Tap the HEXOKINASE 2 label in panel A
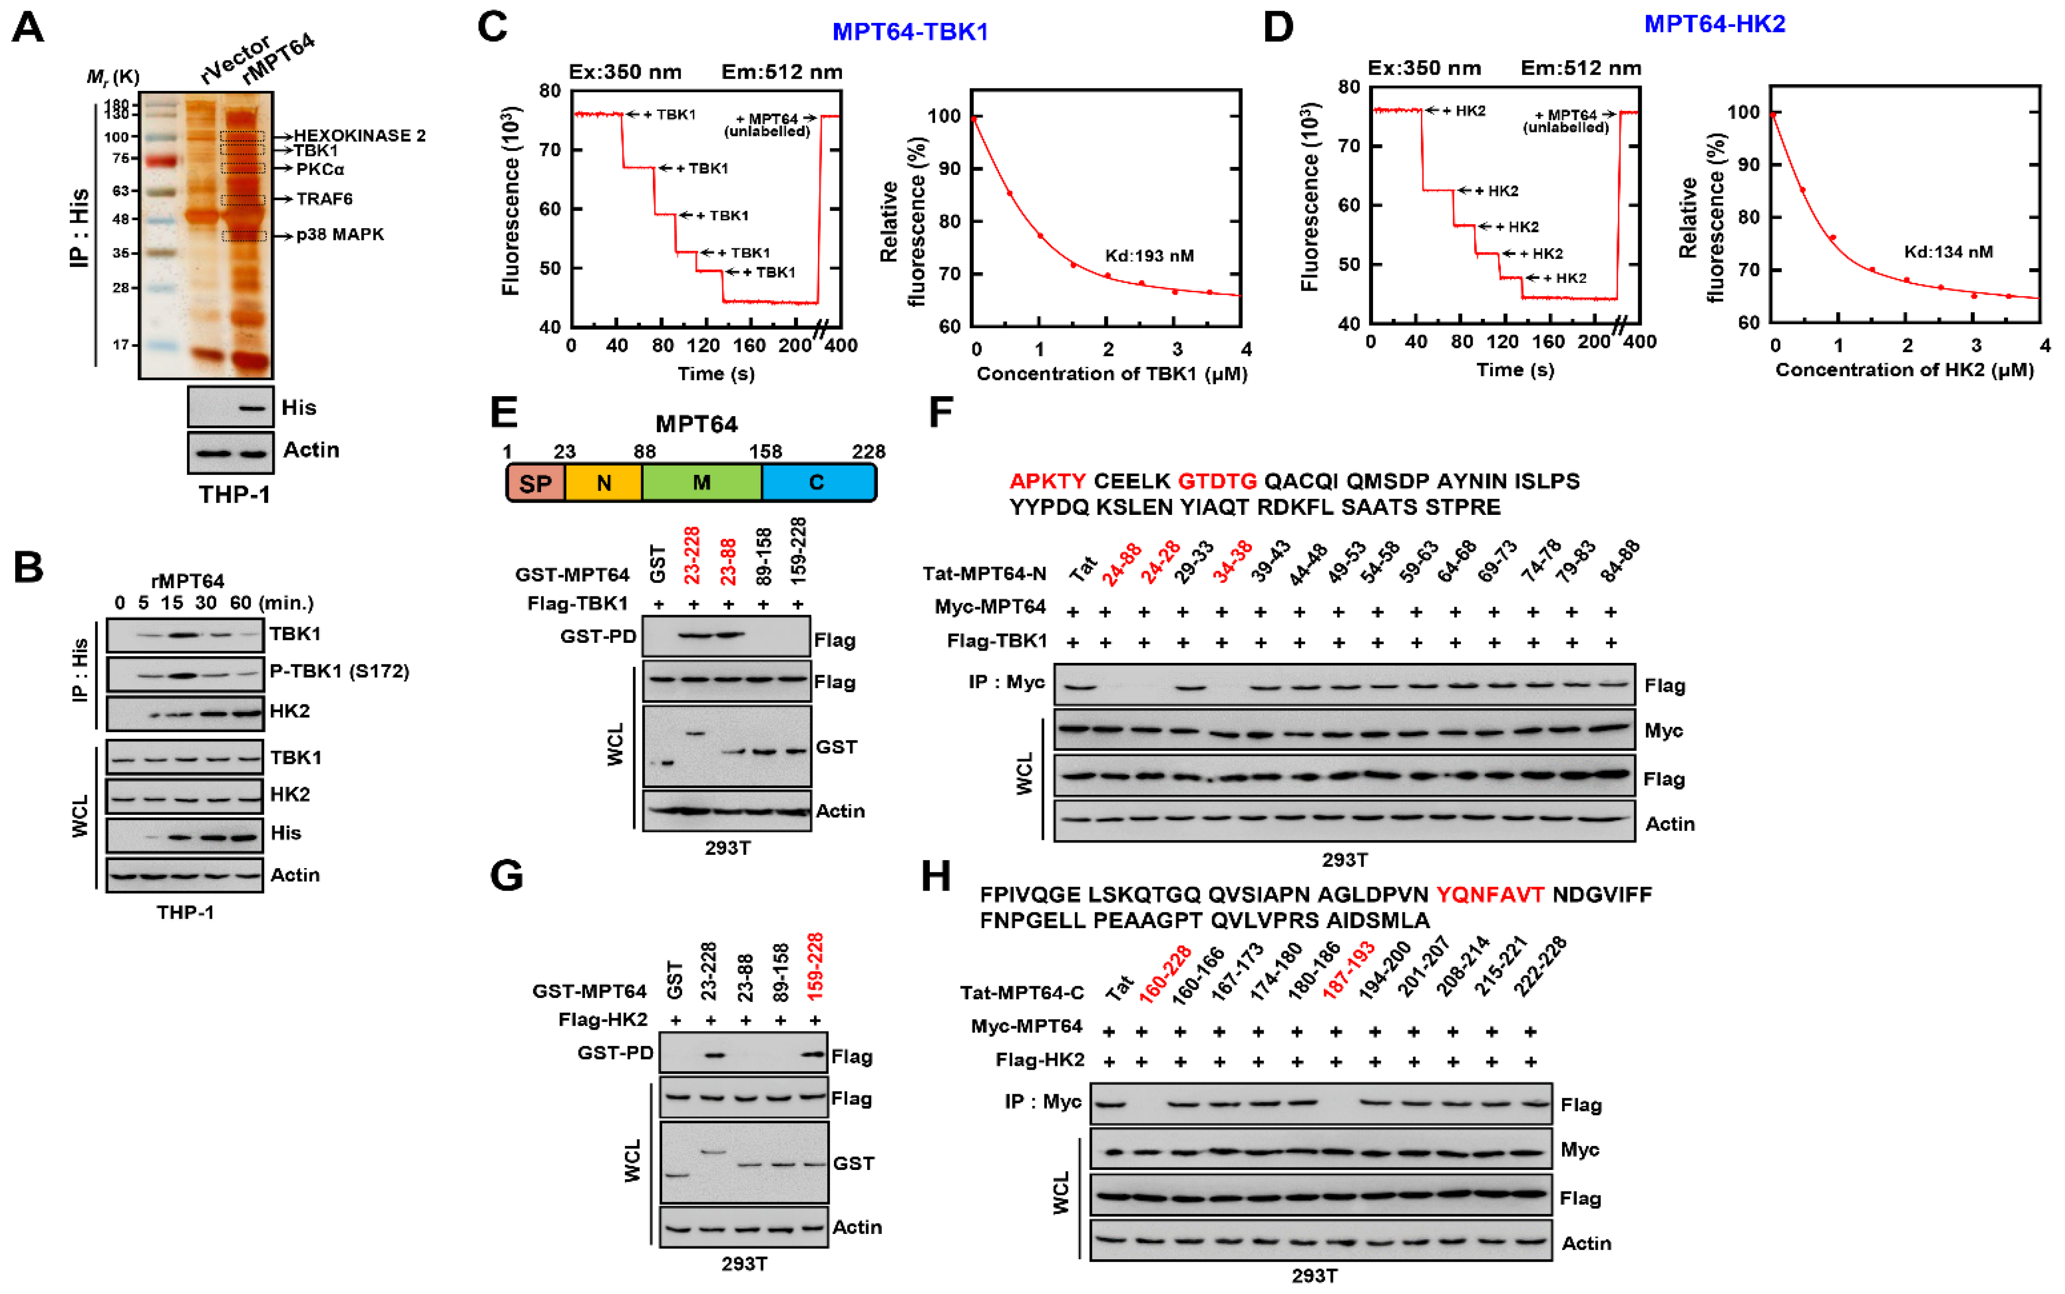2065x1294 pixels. (359, 135)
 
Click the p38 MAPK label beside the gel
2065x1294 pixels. (339, 234)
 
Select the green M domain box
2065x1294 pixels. (702, 483)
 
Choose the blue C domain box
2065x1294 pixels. (817, 483)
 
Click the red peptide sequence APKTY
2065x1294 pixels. (1047, 481)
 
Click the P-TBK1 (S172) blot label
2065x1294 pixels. (339, 671)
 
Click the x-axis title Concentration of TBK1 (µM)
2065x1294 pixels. (1111, 374)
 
